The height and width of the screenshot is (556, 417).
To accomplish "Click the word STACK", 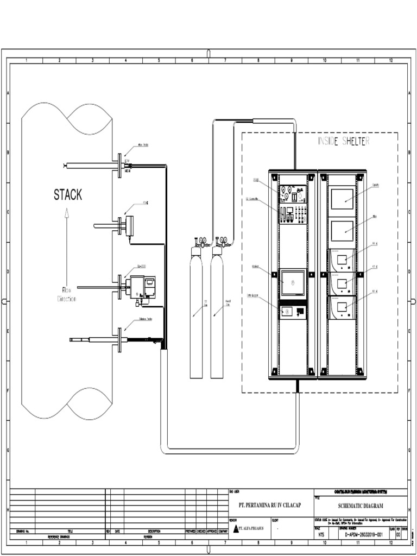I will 68,194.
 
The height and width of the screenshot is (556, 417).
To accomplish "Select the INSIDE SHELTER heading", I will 344,141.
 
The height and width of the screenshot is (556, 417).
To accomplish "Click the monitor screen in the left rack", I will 292,282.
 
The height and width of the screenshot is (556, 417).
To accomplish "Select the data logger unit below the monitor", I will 292,312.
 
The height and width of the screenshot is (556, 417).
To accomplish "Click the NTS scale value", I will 322,534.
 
